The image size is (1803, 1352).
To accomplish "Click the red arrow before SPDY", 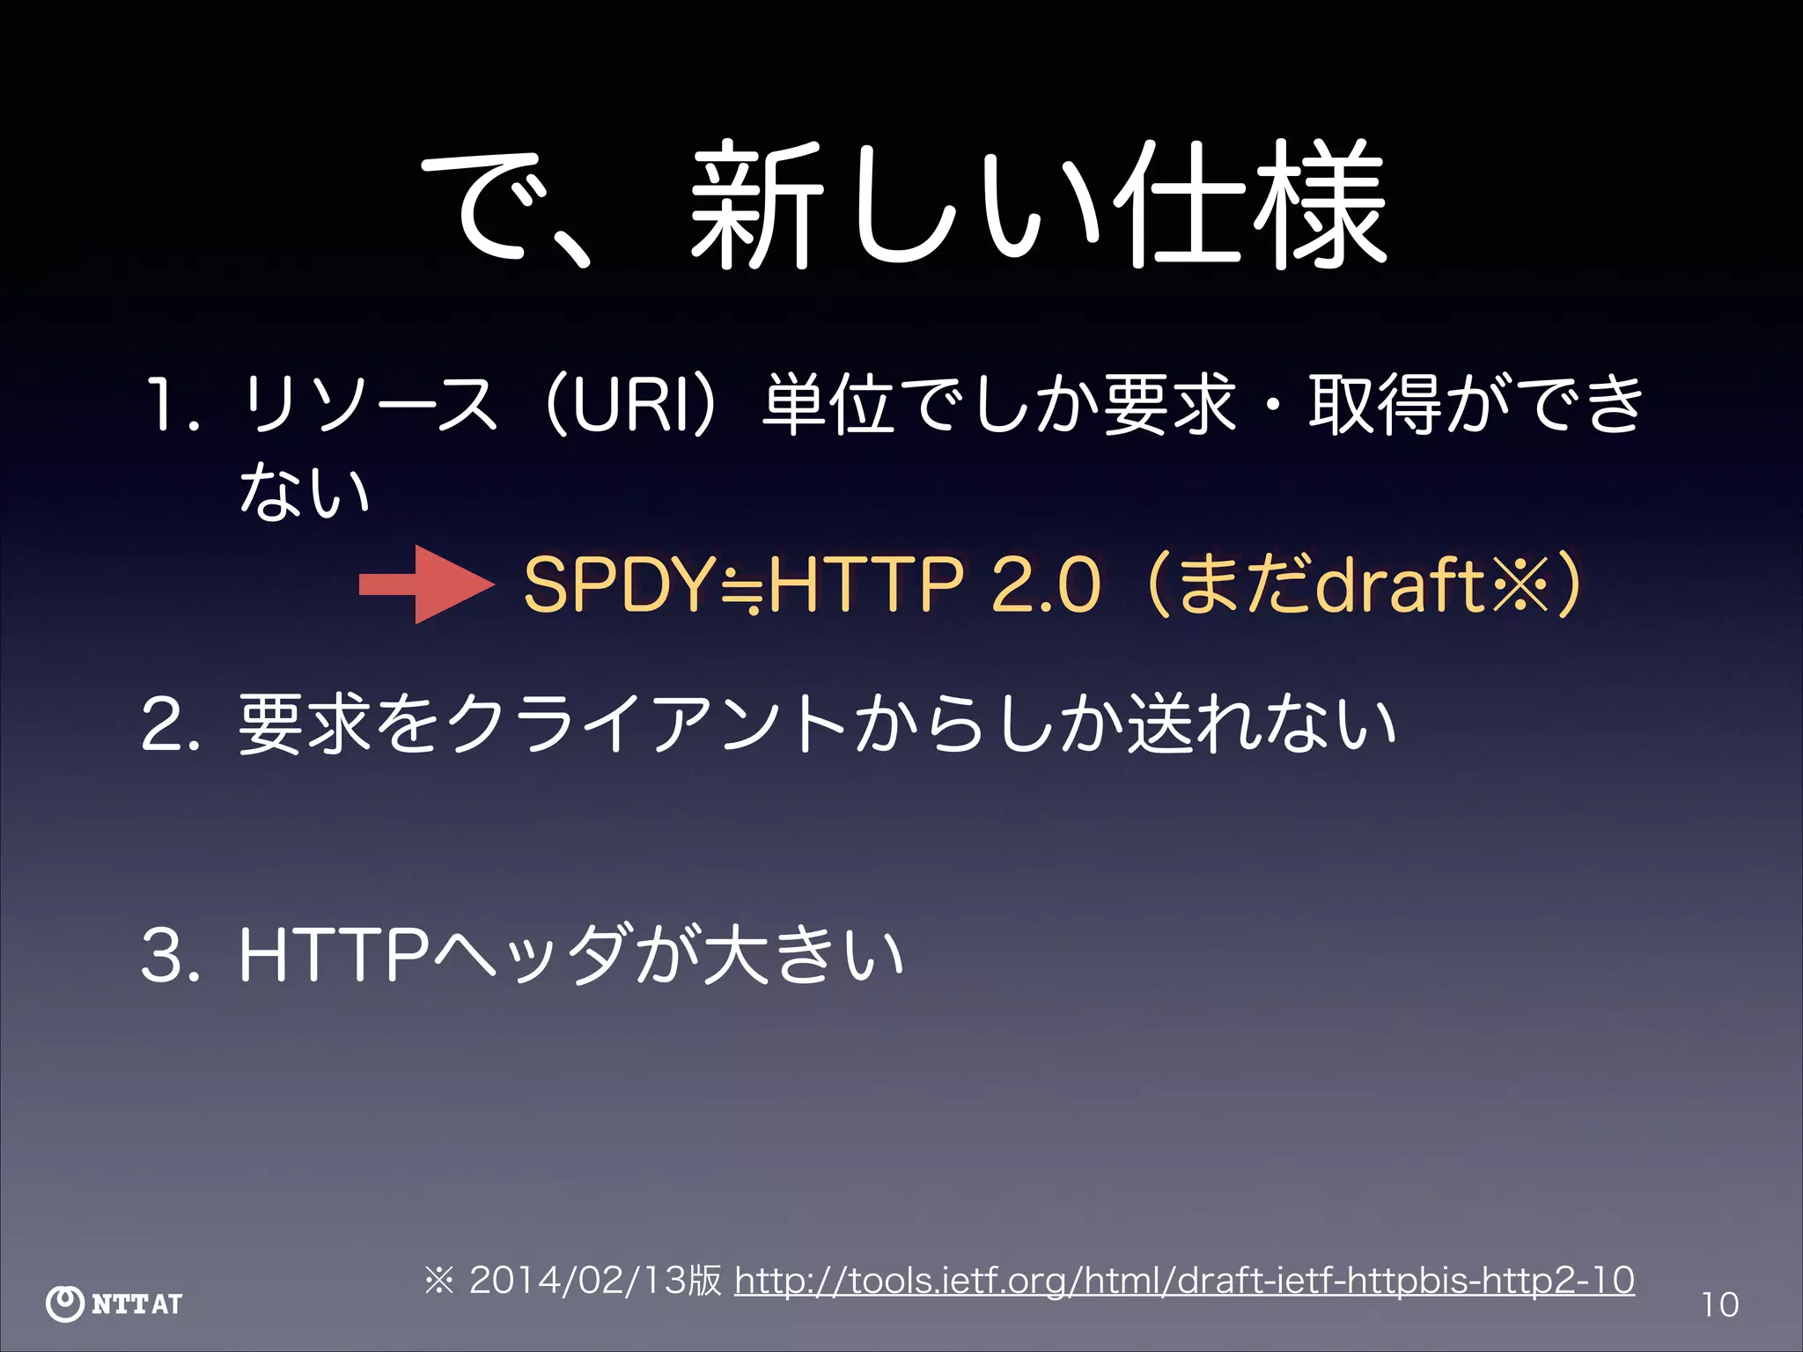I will point(427,584).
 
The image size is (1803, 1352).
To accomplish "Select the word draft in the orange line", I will point(1399,584).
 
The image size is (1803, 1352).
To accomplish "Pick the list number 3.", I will point(167,956).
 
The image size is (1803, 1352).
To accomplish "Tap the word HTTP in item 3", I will point(335,956).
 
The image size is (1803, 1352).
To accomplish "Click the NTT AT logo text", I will point(137,1304).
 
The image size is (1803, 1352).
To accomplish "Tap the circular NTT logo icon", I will point(65,1304).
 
